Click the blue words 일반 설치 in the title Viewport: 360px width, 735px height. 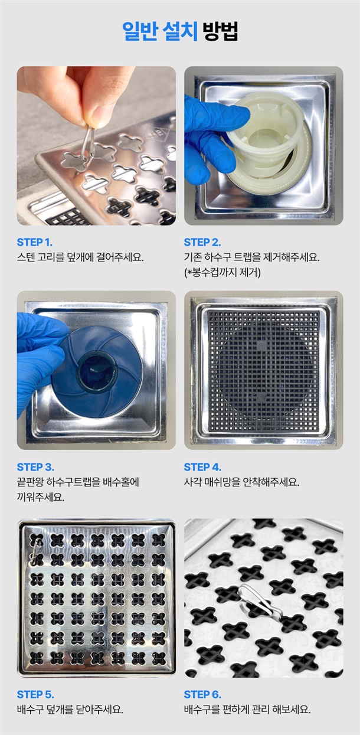(x=160, y=31)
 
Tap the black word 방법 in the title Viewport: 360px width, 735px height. (x=220, y=31)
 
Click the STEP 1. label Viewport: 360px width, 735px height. (x=34, y=242)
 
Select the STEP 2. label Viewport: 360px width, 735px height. (x=202, y=242)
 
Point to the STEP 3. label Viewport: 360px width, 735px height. (x=35, y=466)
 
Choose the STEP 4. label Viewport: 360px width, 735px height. (x=202, y=466)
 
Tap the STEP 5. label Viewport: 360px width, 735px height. (x=35, y=694)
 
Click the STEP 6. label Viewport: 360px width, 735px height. (x=202, y=694)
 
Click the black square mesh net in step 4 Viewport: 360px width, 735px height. (x=264, y=371)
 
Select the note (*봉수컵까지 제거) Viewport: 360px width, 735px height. (x=222, y=272)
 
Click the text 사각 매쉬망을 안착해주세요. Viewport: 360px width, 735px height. (x=241, y=482)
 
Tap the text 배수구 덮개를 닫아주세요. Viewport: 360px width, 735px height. (x=70, y=710)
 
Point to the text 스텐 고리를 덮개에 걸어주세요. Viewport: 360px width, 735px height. (x=80, y=257)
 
